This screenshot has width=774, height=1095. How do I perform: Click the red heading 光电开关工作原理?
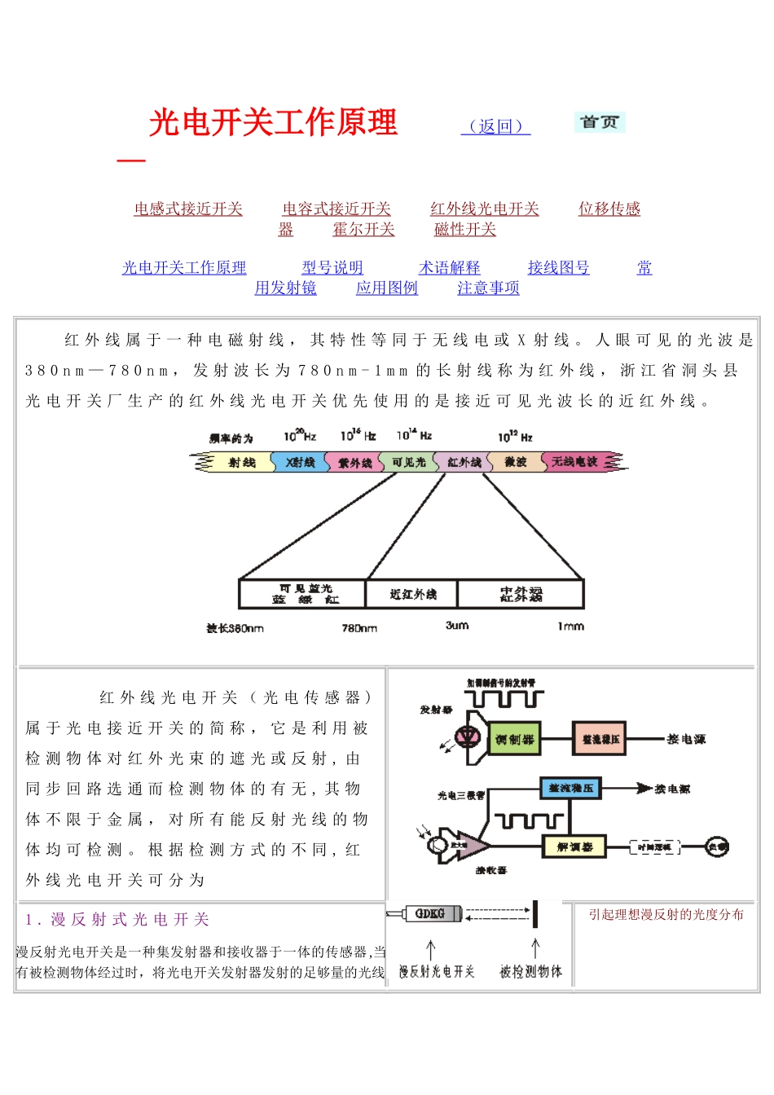click(x=273, y=123)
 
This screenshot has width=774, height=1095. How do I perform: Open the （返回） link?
click(x=495, y=126)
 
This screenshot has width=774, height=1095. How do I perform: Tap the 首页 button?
click(x=600, y=122)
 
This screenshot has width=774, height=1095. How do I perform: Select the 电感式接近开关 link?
click(x=188, y=209)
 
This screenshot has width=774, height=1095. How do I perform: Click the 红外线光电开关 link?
click(x=485, y=209)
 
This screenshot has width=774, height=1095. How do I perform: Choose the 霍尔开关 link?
click(x=363, y=230)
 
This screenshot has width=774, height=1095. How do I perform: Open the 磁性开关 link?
click(x=465, y=230)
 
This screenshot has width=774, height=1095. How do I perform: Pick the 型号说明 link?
click(x=332, y=268)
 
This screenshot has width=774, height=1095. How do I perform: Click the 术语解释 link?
click(x=450, y=268)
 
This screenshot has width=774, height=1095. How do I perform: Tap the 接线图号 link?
click(x=559, y=268)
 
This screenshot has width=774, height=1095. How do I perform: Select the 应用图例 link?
click(x=387, y=288)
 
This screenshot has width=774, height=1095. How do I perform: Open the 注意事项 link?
click(x=489, y=288)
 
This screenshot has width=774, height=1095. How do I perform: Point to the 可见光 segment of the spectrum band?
click(x=409, y=463)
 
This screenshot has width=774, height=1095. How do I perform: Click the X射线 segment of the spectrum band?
click(x=300, y=463)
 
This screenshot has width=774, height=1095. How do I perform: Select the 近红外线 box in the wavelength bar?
click(x=412, y=595)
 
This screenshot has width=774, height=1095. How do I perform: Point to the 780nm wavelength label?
click(x=359, y=628)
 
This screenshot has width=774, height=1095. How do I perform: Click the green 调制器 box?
click(x=514, y=740)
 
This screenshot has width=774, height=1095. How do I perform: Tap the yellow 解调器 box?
click(x=574, y=847)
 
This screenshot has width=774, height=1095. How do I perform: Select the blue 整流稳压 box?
click(x=571, y=789)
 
